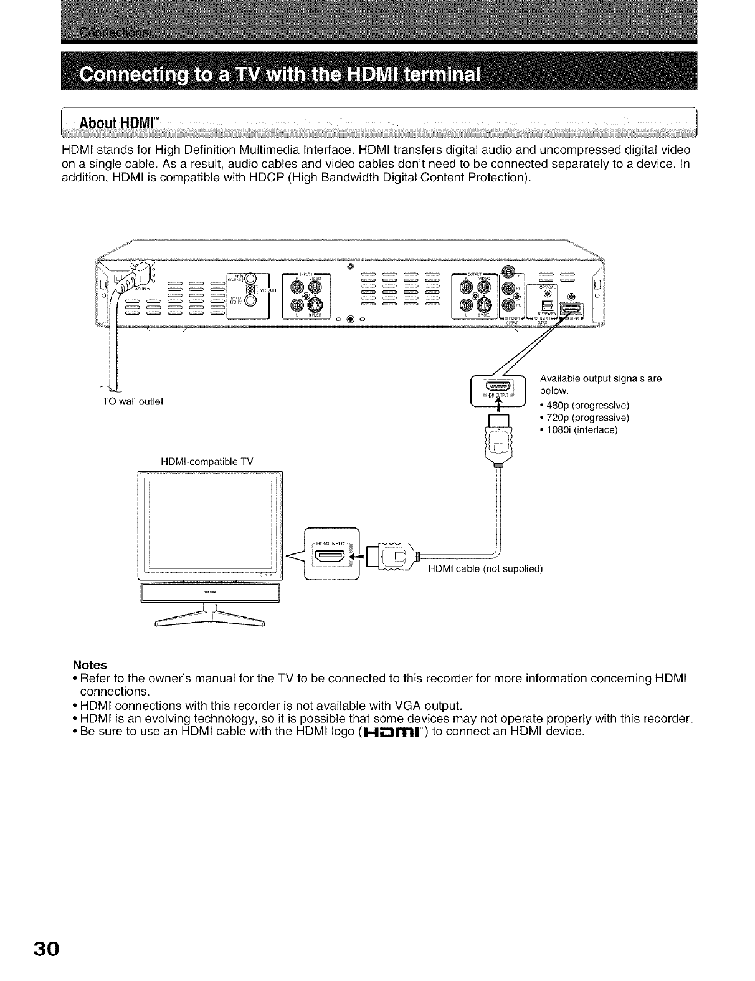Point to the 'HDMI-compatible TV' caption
(207, 461)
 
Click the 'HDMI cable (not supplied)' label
(485, 568)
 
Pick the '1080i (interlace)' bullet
(579, 429)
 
